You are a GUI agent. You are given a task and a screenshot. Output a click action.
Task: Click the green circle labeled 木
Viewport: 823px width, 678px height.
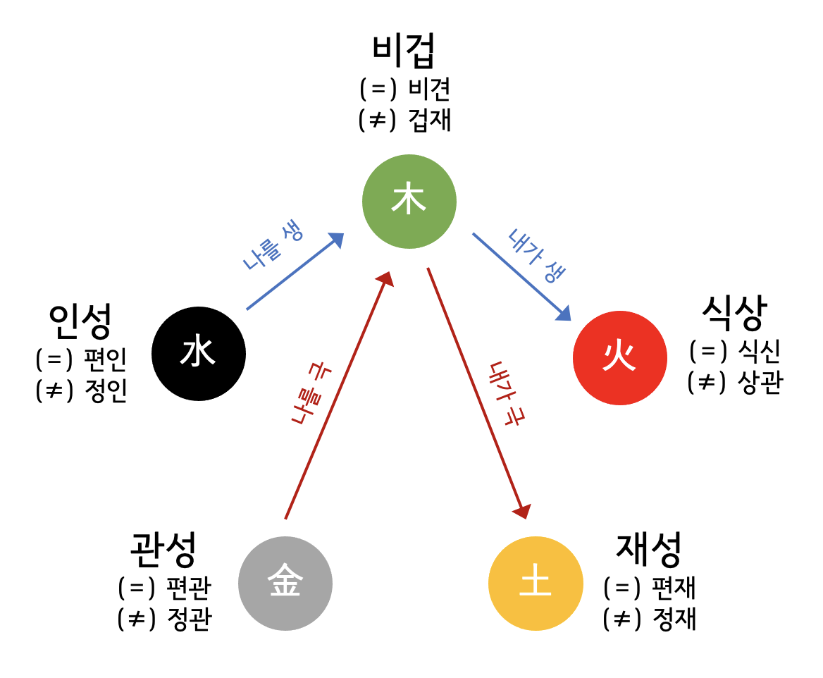[x=409, y=202]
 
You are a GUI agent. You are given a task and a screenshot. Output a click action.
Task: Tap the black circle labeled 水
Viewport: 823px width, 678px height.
[x=199, y=353]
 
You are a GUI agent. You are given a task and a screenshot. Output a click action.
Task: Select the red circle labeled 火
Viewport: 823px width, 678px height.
[x=619, y=357]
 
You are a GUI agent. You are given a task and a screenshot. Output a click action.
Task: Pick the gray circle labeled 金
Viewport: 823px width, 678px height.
[x=285, y=584]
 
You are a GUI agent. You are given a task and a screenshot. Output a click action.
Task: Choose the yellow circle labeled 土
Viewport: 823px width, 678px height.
[x=536, y=584]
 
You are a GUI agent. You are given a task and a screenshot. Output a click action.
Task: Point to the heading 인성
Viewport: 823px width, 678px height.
[x=80, y=321]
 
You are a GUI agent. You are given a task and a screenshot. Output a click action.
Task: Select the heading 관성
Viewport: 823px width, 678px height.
[x=163, y=549]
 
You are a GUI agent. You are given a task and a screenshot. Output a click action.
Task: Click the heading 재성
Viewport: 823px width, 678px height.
[x=649, y=549]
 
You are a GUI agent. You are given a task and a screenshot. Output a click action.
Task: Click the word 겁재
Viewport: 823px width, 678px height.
[x=429, y=121]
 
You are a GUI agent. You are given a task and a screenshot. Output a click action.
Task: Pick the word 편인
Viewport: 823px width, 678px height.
[x=105, y=360]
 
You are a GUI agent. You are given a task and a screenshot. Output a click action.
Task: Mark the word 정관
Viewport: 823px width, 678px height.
[x=189, y=619]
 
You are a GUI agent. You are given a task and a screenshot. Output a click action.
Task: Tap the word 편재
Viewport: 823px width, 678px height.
[x=674, y=587]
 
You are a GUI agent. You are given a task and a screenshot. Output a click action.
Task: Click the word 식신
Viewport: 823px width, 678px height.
[x=759, y=351]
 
